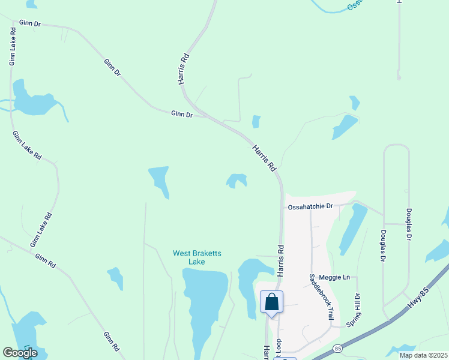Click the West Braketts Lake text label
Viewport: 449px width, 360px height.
click(197, 257)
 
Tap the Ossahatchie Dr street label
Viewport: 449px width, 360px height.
click(310, 206)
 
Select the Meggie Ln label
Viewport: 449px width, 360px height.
click(338, 277)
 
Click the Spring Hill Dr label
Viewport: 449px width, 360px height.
click(357, 308)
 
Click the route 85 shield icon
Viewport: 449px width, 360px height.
click(338, 348)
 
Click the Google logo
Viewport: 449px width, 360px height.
click(20, 353)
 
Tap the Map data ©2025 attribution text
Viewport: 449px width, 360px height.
click(423, 355)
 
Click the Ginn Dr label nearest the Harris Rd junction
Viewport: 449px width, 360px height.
click(181, 113)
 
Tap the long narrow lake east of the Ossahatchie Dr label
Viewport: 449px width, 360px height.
click(354, 228)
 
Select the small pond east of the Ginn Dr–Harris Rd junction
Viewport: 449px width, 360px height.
click(256, 122)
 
